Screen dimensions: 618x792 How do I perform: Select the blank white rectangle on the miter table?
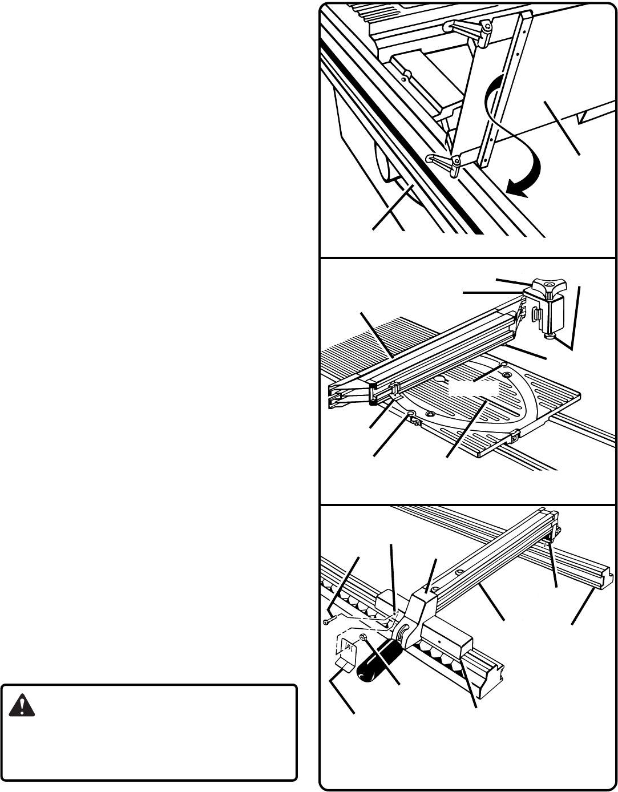coord(474,390)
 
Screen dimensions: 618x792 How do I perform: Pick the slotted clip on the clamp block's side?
coord(536,316)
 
